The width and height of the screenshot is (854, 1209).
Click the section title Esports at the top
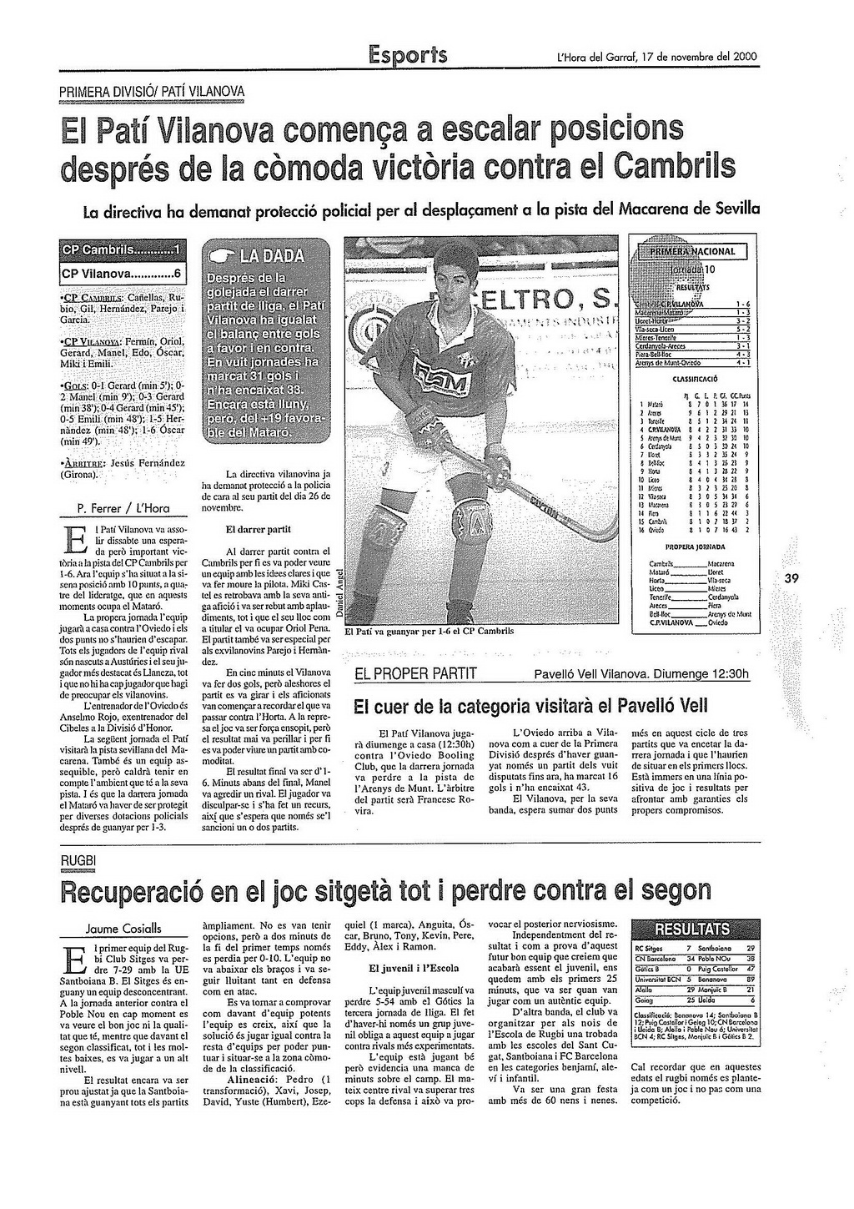pos(408,55)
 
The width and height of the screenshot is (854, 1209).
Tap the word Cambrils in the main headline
pos(674,165)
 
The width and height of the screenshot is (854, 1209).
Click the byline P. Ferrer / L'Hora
pos(123,507)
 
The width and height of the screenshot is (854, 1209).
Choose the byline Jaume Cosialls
pos(124,929)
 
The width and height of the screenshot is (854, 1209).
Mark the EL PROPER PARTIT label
pos(415,674)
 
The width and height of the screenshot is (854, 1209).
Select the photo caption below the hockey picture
pos(430,632)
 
